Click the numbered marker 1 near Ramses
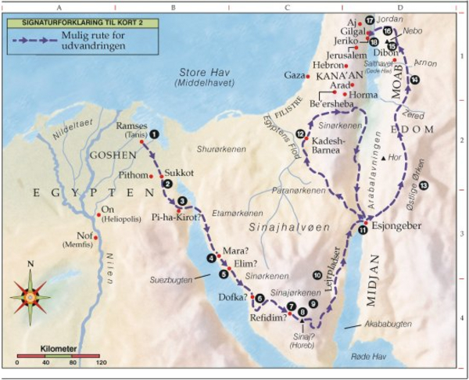pyautogui.click(x=155, y=134)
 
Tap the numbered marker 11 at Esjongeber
pyautogui.click(x=363, y=230)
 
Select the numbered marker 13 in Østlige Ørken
pyautogui.click(x=423, y=185)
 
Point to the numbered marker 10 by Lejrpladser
pyautogui.click(x=317, y=275)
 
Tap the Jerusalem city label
pyautogui.click(x=347, y=56)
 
